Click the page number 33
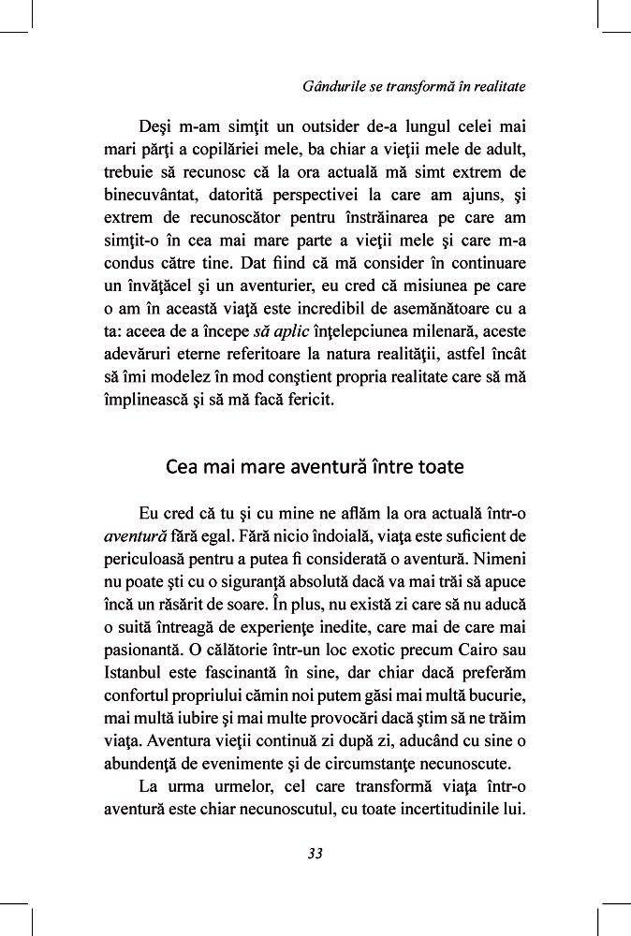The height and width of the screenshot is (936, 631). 315,853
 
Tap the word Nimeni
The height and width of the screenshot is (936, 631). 494,562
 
